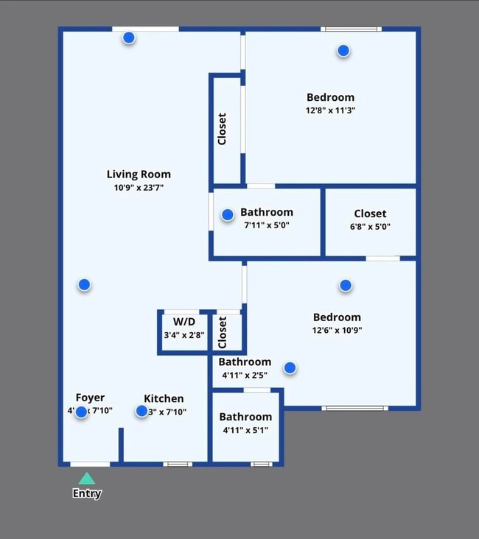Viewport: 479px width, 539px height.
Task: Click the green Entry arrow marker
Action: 87,479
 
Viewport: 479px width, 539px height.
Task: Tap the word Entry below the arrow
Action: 87,494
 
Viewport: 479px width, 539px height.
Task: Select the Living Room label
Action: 139,175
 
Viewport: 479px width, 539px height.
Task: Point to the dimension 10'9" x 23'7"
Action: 139,188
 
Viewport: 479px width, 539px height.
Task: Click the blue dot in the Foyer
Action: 81,412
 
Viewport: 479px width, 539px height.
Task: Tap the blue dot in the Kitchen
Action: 141,411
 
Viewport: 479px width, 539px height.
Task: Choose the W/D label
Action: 184,322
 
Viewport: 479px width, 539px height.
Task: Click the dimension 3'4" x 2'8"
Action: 184,335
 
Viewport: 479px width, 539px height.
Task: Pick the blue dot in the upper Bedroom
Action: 343,51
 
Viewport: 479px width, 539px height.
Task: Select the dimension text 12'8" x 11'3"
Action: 330,110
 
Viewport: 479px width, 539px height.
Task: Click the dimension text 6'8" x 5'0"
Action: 370,227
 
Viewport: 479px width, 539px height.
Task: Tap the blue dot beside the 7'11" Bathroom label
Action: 228,214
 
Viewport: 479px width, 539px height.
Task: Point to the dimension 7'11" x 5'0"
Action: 267,225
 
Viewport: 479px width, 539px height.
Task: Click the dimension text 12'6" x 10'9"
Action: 337,331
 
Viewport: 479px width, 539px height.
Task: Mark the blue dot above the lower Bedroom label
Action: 345,285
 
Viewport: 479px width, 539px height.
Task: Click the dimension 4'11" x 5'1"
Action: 245,430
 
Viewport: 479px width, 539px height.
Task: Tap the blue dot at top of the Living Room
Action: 129,38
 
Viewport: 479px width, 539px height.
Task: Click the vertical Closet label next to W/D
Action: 223,332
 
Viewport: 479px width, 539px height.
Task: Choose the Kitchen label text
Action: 164,398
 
